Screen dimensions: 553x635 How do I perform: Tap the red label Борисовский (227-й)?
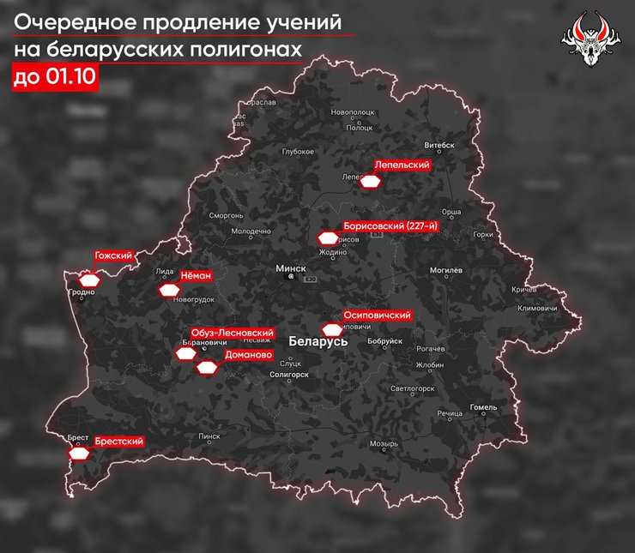pyautogui.click(x=390, y=225)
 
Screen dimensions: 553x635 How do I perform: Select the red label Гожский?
pyautogui.click(x=114, y=256)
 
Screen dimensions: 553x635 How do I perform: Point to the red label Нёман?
pyautogui.click(x=196, y=276)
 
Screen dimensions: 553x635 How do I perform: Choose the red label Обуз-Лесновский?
pyautogui.click(x=233, y=333)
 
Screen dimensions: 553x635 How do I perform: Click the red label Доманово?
pyautogui.click(x=248, y=354)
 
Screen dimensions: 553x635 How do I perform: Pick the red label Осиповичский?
pyautogui.click(x=377, y=315)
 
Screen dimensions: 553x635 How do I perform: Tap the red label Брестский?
pyautogui.click(x=118, y=442)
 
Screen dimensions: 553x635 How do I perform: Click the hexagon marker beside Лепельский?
pyautogui.click(x=370, y=182)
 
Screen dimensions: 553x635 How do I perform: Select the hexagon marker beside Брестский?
pyautogui.click(x=80, y=454)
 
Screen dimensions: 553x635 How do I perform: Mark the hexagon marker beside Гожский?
pyautogui.click(x=89, y=280)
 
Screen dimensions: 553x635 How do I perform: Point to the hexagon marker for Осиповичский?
pyautogui.click(x=331, y=328)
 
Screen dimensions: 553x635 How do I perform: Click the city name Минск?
pyautogui.click(x=291, y=268)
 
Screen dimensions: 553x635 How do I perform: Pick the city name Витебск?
pyautogui.click(x=442, y=146)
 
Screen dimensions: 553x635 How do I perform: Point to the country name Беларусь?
pyautogui.click(x=318, y=340)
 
